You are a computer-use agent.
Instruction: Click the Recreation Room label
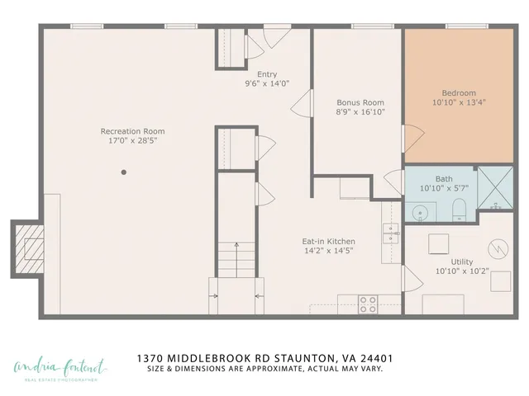132,131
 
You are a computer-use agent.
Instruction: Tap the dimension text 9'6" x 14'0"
266,83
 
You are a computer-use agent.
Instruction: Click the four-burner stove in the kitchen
368,303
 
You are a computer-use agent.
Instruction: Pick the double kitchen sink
390,233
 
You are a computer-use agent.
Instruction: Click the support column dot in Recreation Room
124,172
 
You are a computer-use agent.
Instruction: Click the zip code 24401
374,358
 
